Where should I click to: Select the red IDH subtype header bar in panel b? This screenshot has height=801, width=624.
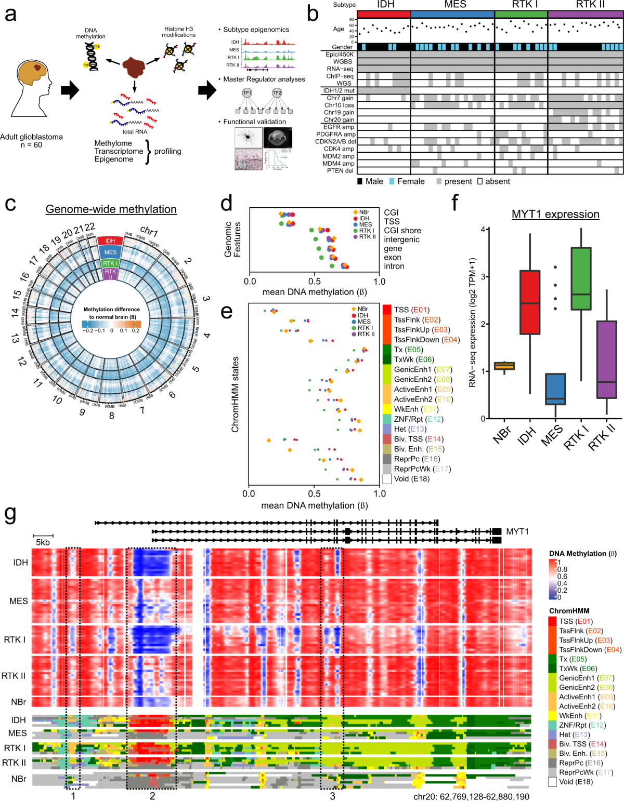click(384, 14)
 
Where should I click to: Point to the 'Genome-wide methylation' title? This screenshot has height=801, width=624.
click(111, 209)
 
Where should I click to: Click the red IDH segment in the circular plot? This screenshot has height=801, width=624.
click(110, 241)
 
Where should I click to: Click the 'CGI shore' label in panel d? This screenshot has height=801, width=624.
click(402, 231)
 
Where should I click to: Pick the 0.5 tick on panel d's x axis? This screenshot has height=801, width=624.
click(314, 281)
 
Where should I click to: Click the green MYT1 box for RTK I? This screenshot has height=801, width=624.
click(581, 278)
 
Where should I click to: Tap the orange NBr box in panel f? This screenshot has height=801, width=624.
click(504, 366)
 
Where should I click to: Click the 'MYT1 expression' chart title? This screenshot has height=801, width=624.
click(555, 215)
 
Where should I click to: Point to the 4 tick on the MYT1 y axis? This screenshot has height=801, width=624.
click(483, 230)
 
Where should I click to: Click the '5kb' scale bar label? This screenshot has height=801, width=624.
click(43, 542)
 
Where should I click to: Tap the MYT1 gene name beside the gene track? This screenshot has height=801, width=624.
click(517, 531)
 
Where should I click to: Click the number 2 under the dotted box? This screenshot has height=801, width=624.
click(152, 796)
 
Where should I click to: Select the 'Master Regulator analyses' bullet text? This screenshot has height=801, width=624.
click(264, 79)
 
